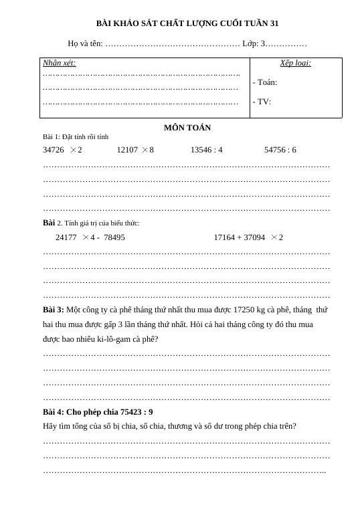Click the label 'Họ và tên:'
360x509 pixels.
[x=85, y=43]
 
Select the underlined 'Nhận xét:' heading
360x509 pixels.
[x=60, y=63]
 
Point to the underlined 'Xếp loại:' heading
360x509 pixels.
[x=295, y=63]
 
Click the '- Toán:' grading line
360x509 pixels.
[x=265, y=82]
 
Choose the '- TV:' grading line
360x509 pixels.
[x=262, y=102]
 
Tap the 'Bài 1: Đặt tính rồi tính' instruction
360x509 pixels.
[x=76, y=137]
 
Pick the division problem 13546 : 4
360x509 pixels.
[x=206, y=150]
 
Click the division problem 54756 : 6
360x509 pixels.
[x=280, y=150]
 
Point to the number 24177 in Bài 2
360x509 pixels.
[x=66, y=237]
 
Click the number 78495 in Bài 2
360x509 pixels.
[x=114, y=237]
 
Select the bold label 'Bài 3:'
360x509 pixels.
[x=54, y=310]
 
